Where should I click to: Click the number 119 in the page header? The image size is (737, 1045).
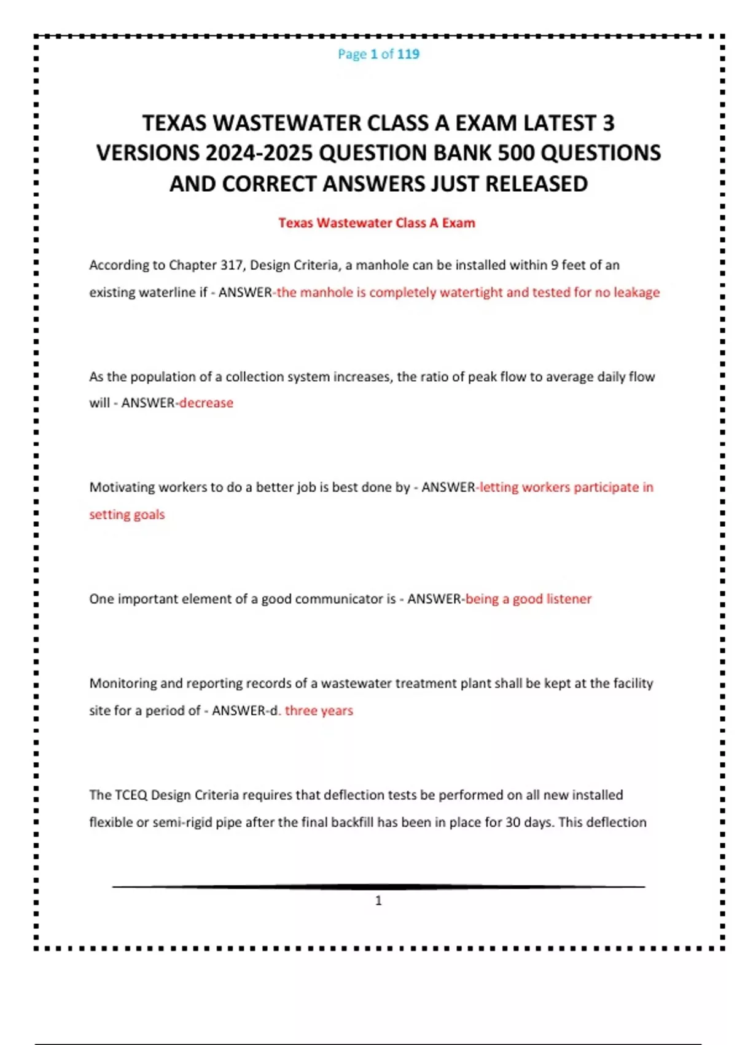[x=408, y=54]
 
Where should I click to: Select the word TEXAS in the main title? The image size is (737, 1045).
[x=174, y=123]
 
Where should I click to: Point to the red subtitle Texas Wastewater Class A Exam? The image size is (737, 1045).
[x=376, y=223]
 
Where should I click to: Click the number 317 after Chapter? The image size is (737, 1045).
[x=232, y=265]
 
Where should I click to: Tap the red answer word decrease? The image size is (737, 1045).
[x=206, y=403]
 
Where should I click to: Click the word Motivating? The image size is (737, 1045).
[x=122, y=487]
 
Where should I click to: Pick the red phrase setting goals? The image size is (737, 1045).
[x=127, y=515]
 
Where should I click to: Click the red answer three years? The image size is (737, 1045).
[x=319, y=711]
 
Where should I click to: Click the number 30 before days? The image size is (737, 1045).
[x=513, y=822]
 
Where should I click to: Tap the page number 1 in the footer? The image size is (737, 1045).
[x=378, y=901]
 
